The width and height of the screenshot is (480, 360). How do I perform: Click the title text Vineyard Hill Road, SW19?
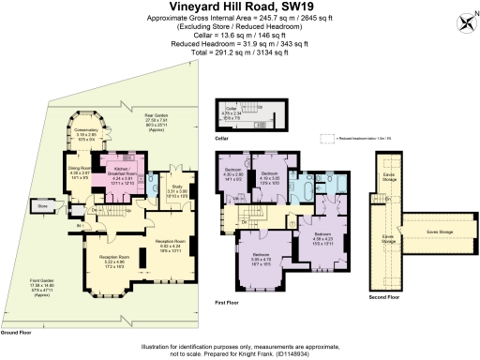tap(240, 7)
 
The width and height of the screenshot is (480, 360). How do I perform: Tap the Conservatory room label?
tap(86, 137)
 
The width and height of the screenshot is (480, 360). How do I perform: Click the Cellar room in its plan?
tap(232, 113)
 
